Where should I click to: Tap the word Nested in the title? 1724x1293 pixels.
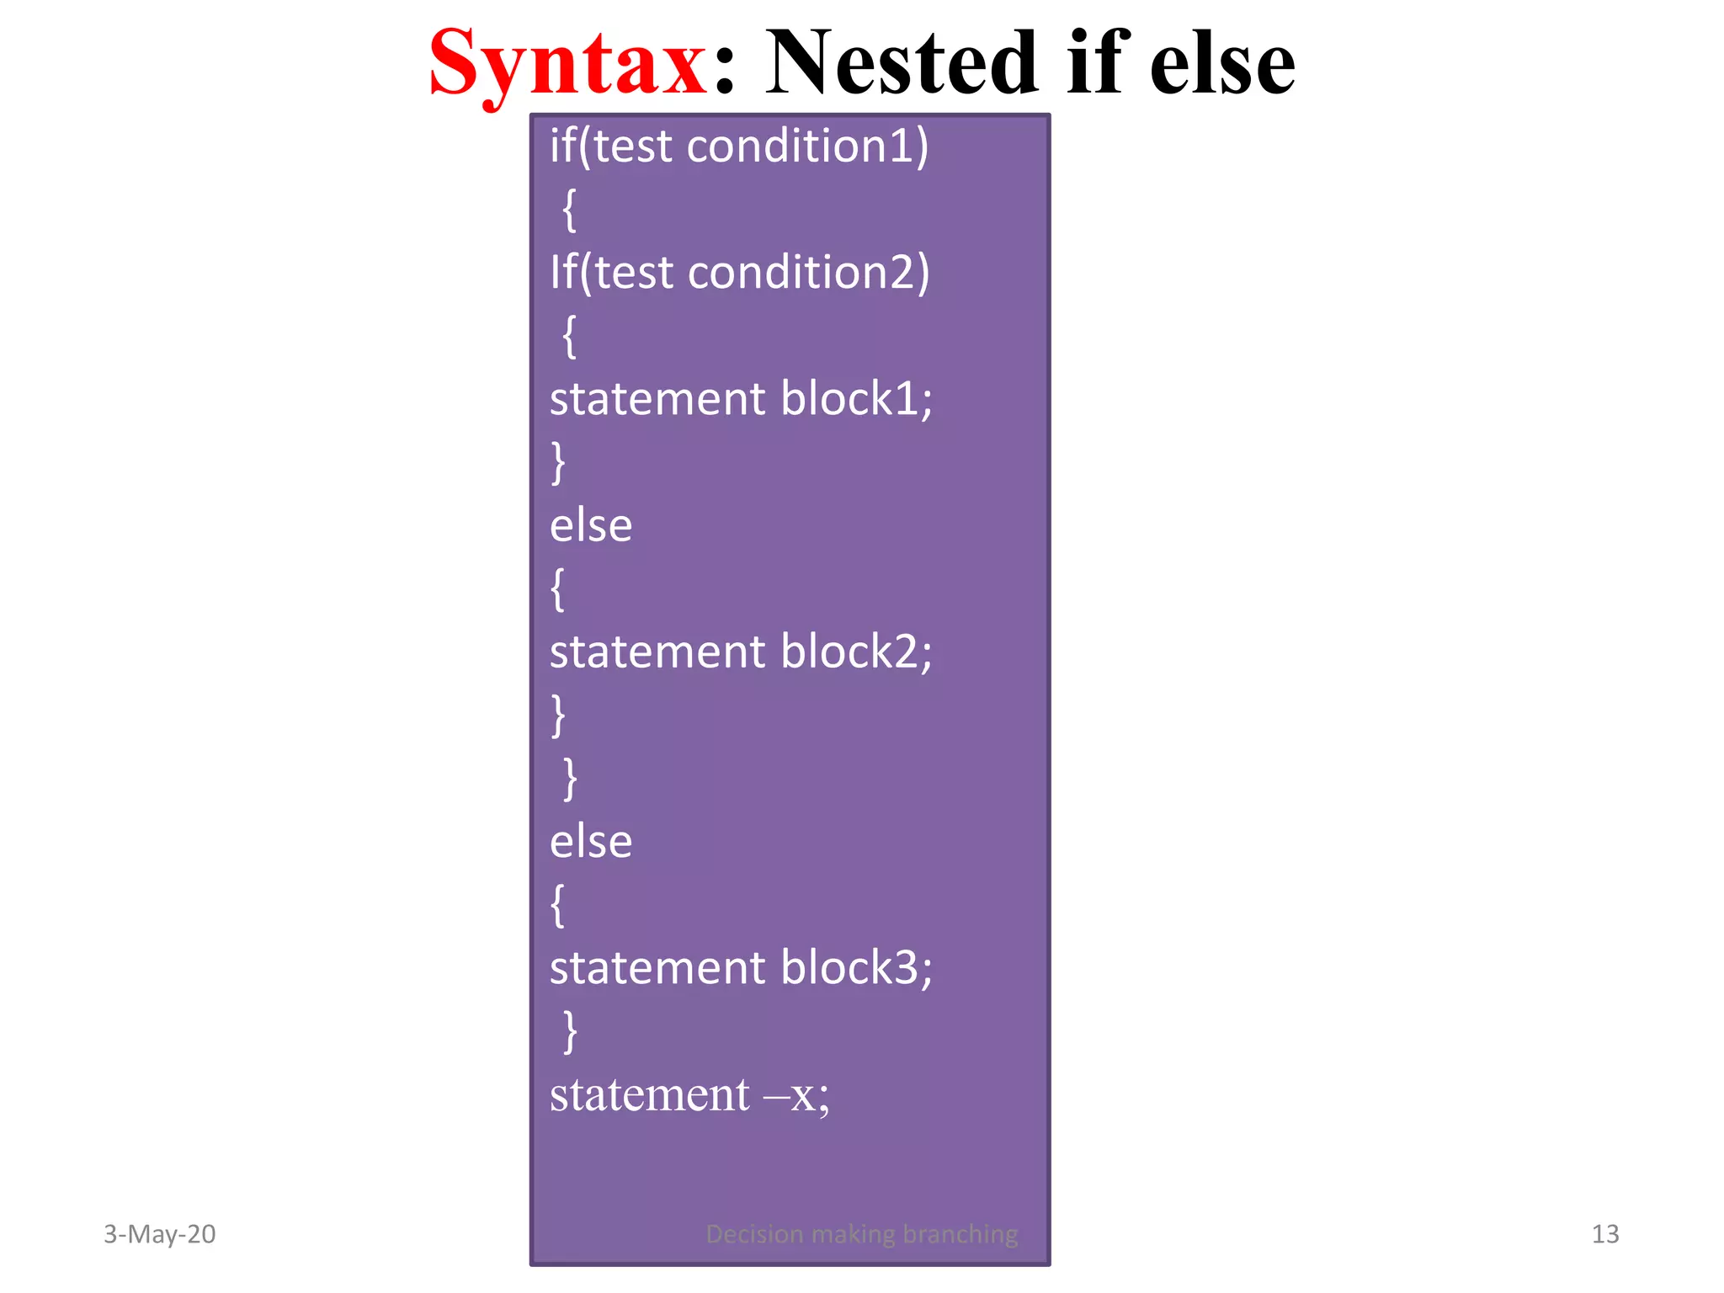(902, 63)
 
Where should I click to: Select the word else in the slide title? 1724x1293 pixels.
(1221, 63)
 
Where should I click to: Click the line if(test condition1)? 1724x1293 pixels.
(739, 146)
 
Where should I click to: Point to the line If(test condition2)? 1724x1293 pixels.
(739, 273)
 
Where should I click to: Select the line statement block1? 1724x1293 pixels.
(741, 399)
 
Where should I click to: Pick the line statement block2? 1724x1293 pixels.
(741, 652)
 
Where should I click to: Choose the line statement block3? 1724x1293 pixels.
(741, 968)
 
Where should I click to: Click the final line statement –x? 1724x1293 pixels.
(689, 1095)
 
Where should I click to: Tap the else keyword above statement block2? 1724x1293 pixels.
(591, 526)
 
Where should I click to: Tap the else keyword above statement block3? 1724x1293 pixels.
(591, 842)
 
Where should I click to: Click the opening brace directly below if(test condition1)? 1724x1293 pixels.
(570, 210)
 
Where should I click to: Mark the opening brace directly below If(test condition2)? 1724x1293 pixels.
(570, 336)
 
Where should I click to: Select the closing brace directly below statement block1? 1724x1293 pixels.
(558, 462)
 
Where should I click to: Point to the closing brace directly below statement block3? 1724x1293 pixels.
(570, 1031)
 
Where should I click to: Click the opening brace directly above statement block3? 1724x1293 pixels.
(558, 905)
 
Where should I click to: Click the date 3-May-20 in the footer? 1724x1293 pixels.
(160, 1234)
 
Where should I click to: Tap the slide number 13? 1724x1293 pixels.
(1605, 1234)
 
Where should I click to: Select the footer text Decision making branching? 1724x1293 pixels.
(862, 1234)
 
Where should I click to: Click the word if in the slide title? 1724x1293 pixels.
(1097, 63)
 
